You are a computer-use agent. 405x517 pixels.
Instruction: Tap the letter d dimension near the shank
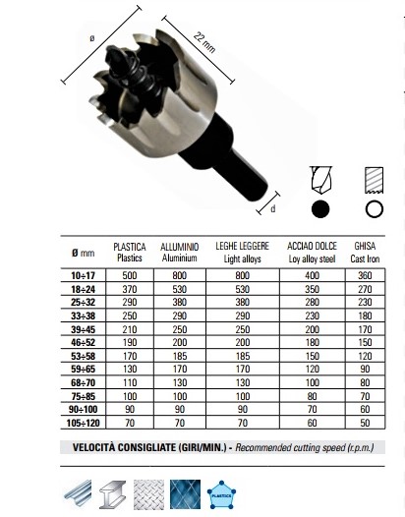coord(273,208)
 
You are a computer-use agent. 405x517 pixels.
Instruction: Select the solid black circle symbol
coord(320,209)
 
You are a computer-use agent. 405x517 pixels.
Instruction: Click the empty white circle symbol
coord(373,209)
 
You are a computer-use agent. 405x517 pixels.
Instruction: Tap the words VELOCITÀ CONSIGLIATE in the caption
coord(140,447)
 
